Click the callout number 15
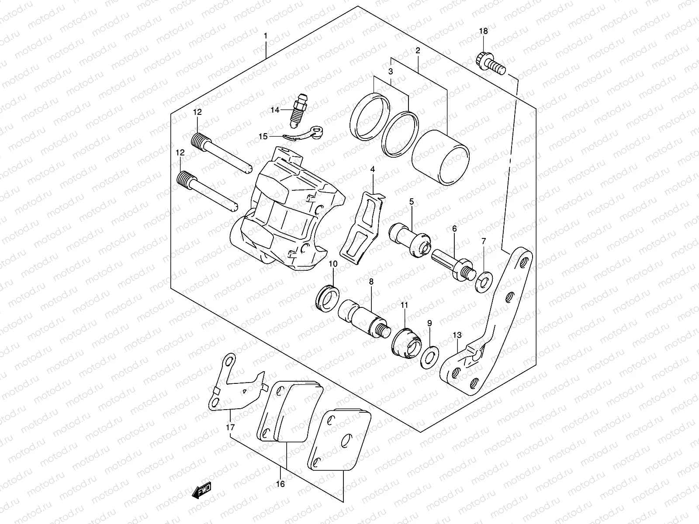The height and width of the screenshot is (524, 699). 263,137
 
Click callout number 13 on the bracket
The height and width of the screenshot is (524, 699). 457,335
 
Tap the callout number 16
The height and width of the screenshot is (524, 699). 280,484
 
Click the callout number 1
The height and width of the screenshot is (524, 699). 266,35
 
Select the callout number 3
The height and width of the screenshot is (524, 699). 391,71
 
